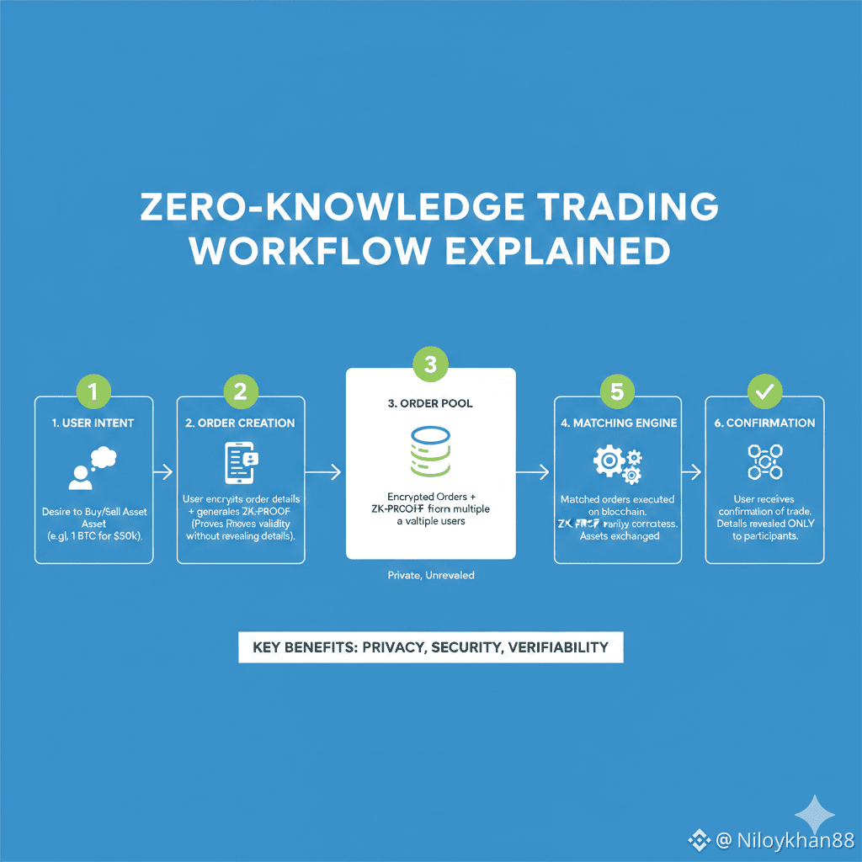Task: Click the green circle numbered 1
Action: [x=93, y=391]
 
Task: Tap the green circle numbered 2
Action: [x=240, y=391]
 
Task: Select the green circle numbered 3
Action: [x=430, y=364]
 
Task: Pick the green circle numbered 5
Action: [x=618, y=391]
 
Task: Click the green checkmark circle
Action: [x=764, y=391]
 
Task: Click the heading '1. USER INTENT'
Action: [x=93, y=423]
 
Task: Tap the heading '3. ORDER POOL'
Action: [x=430, y=403]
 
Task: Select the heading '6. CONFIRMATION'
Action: [x=764, y=423]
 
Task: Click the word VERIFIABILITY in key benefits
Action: [x=558, y=647]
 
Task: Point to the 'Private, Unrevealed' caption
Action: [x=430, y=576]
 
